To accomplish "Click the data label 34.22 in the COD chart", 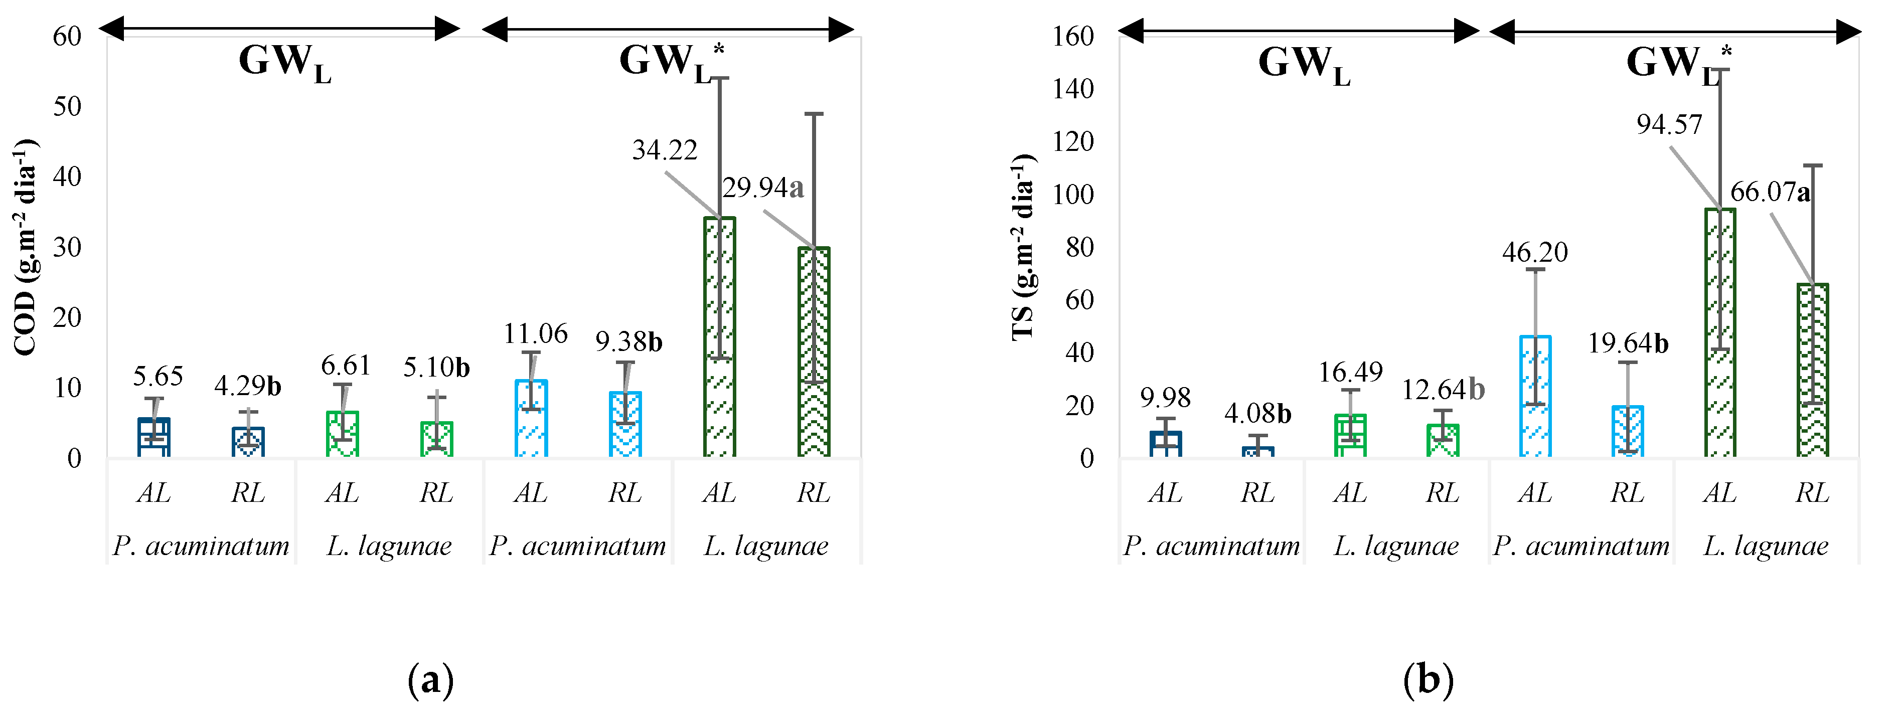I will click(664, 150).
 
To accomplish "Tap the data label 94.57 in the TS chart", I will click(1669, 124).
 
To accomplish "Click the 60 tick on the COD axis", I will click(67, 36).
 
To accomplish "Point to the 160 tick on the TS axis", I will click(1072, 36).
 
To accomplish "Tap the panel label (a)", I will click(430, 679).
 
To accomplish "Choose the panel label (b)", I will click(1429, 679).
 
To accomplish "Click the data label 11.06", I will click(535, 334).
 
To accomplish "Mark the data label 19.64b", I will click(1628, 343).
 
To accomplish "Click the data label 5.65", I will click(158, 377).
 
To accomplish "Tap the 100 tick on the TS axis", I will click(1072, 195).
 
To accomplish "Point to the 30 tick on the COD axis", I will click(67, 247).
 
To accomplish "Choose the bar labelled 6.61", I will click(343, 435).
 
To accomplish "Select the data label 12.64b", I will click(1443, 390).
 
